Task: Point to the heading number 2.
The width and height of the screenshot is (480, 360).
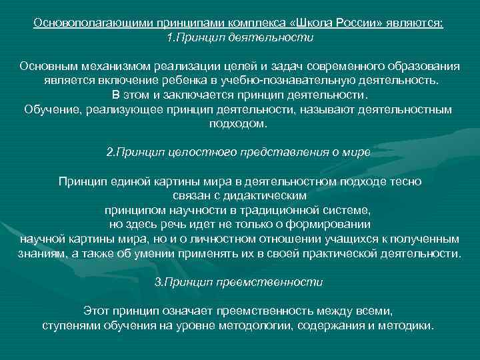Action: [111, 151]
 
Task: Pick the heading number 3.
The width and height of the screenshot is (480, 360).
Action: [159, 282]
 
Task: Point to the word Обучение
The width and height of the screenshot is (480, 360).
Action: [51, 109]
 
